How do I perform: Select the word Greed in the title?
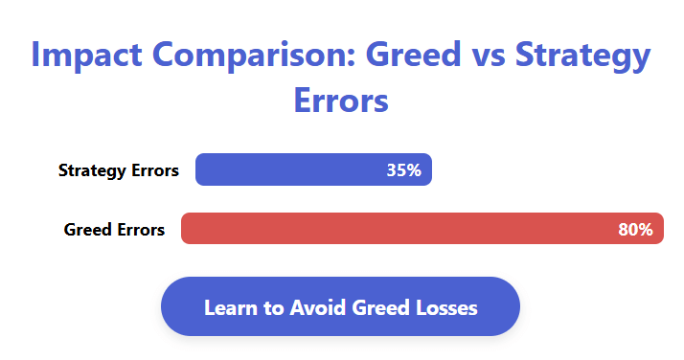(406, 56)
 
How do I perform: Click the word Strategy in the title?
(583, 56)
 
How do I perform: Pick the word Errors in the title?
(341, 100)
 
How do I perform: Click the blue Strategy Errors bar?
(287, 170)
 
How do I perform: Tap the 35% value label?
(403, 170)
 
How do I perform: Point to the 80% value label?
(635, 230)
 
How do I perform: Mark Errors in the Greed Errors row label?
(140, 230)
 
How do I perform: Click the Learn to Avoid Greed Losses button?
(340, 307)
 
